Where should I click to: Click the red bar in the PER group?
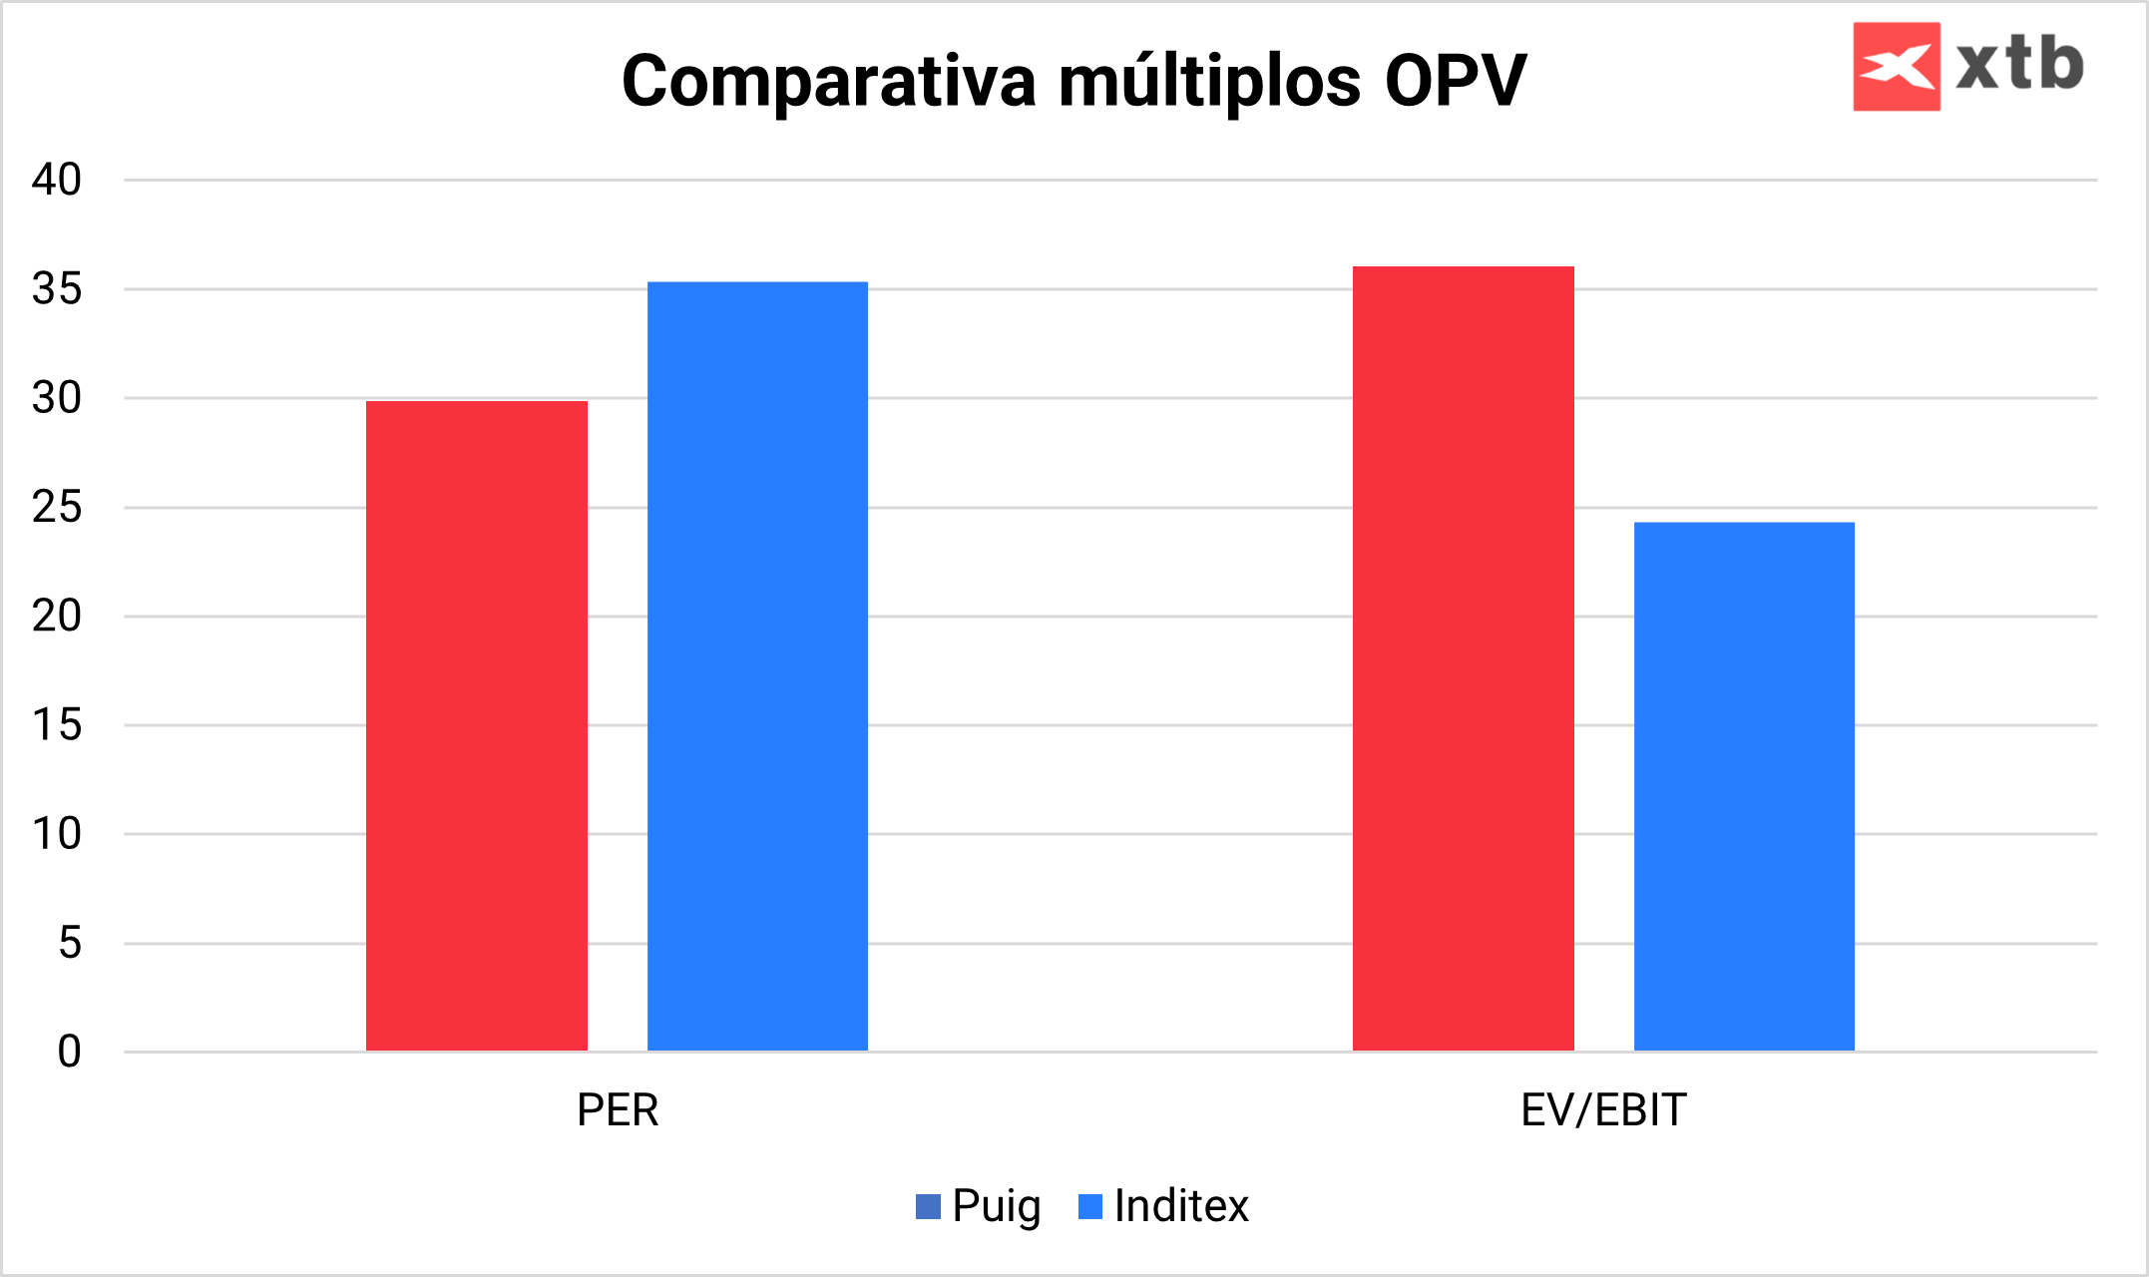(x=476, y=725)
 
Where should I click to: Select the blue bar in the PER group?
(x=757, y=665)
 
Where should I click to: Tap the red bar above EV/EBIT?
(x=1463, y=658)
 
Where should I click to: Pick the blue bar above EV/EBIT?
(x=1744, y=786)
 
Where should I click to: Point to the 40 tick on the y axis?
(x=57, y=180)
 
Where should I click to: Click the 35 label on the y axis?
(x=57, y=289)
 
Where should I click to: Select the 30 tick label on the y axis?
(x=57, y=398)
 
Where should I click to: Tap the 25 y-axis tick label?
(x=57, y=508)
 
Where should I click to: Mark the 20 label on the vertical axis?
(x=57, y=617)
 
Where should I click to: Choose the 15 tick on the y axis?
(x=57, y=725)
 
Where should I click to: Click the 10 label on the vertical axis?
(x=57, y=834)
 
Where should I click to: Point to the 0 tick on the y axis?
(x=69, y=1052)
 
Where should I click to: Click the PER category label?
(x=618, y=1110)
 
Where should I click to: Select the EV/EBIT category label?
(x=1603, y=1110)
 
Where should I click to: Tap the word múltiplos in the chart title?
(x=1209, y=81)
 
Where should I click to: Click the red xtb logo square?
(x=1896, y=66)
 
